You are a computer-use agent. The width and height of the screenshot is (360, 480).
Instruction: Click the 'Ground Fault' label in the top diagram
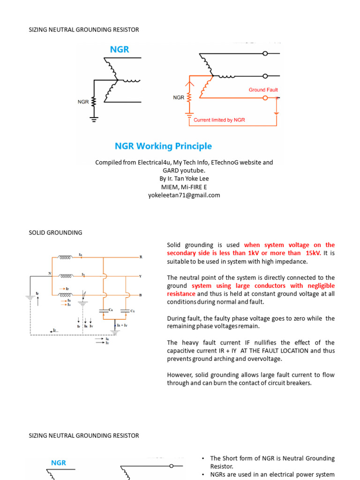(x=263, y=90)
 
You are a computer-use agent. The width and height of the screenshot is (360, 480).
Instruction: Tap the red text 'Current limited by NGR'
(x=219, y=120)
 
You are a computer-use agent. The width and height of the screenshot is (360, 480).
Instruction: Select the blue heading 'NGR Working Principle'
(x=163, y=146)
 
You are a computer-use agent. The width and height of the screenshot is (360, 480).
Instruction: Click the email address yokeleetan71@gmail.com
(x=184, y=195)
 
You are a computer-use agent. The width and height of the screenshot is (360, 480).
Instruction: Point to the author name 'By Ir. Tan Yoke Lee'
(x=184, y=179)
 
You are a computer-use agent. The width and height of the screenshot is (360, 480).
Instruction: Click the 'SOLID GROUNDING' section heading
(x=55, y=232)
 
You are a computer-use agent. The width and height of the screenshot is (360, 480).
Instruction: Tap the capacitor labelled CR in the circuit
(x=103, y=310)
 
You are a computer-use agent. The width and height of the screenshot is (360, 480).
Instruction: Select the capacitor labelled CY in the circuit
(x=125, y=310)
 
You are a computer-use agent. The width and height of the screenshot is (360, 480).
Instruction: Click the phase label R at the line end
(x=141, y=257)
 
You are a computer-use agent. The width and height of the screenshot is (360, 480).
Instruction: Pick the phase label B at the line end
(x=141, y=295)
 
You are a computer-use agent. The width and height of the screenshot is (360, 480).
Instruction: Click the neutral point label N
(x=49, y=273)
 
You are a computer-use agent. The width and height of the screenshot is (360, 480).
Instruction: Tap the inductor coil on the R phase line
(x=65, y=257)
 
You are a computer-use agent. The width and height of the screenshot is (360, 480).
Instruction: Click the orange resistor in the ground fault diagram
(x=189, y=97)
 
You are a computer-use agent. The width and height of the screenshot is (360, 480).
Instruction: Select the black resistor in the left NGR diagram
(x=94, y=101)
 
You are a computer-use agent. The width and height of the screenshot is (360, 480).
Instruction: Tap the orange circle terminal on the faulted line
(x=265, y=98)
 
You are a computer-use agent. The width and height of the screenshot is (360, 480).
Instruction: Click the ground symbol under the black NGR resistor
(x=94, y=119)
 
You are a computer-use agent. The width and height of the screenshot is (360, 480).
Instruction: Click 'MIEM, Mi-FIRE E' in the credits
(x=184, y=187)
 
